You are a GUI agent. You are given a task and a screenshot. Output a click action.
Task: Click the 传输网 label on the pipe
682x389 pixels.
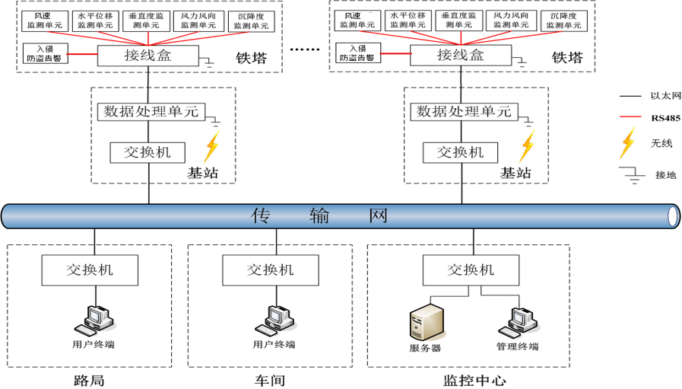pos(319,216)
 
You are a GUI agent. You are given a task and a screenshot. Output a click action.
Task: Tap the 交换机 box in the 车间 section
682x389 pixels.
pos(271,269)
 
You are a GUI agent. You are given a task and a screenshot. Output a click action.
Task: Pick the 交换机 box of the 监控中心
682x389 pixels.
pos(471,269)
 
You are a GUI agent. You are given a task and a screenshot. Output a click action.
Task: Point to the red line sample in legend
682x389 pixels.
pos(628,118)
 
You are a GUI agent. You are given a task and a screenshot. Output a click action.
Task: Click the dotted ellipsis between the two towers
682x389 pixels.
pos(307,50)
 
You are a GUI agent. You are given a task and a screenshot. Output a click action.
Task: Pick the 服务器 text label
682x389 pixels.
pos(425,347)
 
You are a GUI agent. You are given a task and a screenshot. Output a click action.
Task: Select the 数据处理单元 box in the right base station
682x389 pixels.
pos(462,112)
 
